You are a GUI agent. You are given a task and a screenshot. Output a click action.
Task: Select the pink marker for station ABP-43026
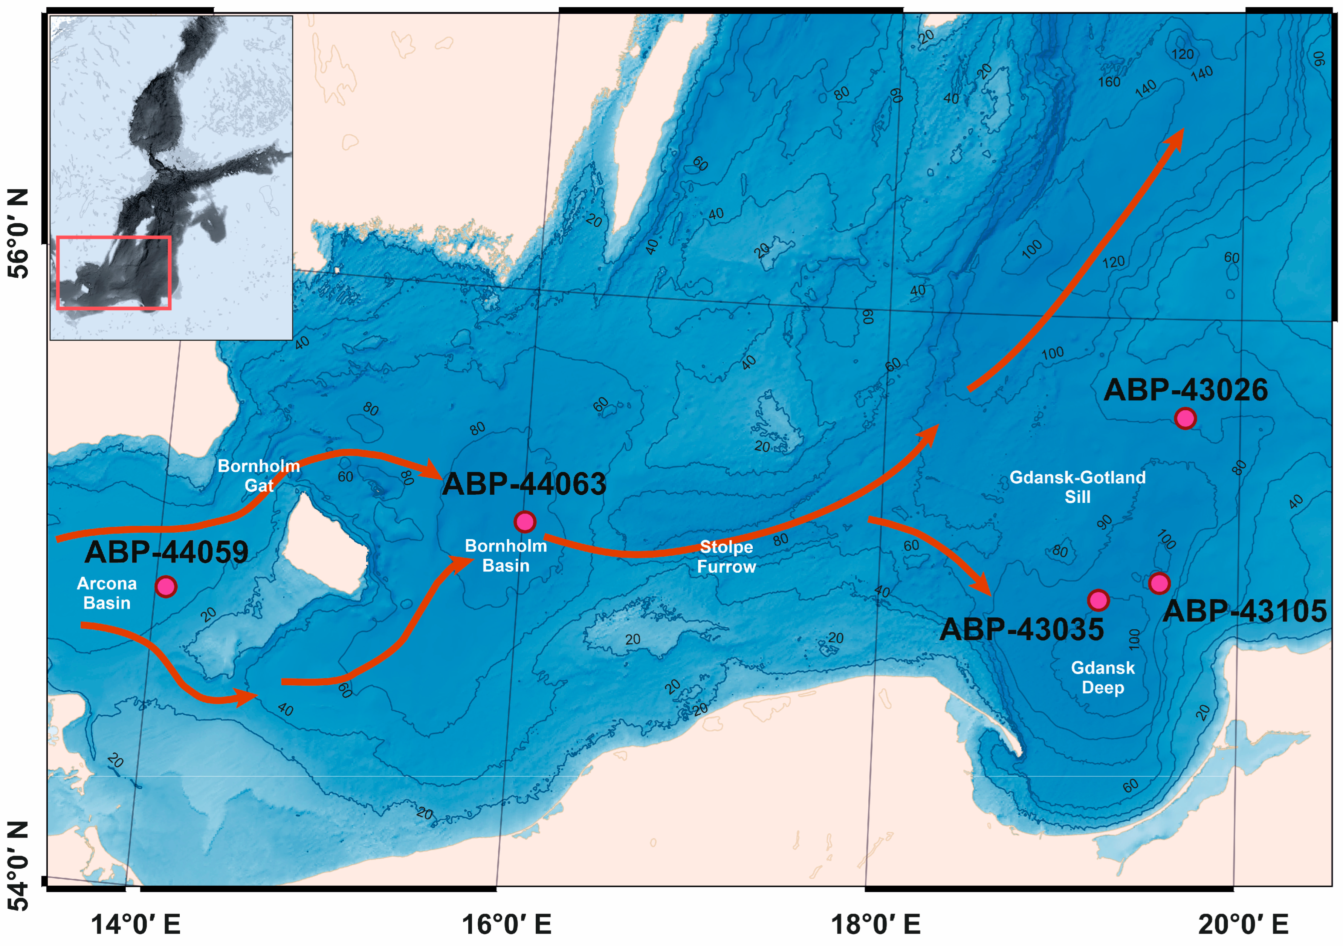pos(1185,418)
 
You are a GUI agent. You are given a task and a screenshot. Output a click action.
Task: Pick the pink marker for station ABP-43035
pos(1098,600)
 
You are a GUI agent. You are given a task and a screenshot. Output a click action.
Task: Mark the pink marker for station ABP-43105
pos(1159,583)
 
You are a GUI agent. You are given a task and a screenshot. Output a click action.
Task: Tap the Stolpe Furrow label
pos(726,556)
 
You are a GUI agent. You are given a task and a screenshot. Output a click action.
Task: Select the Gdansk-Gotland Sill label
pos(1077,487)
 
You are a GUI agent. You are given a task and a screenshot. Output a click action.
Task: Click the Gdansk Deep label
pos(1103,677)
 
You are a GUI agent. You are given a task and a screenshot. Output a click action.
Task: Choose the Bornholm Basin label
pos(506,555)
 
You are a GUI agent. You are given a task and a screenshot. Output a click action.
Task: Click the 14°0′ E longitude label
pos(135,925)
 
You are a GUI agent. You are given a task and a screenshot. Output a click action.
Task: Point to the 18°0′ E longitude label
pos(875,925)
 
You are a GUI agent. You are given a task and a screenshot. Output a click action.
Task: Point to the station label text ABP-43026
pos(1185,390)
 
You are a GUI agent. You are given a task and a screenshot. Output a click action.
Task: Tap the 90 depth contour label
pos(1104,522)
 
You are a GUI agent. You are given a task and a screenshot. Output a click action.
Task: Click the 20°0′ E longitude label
pos(1243,925)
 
